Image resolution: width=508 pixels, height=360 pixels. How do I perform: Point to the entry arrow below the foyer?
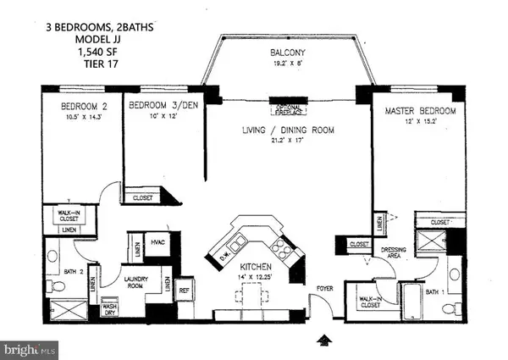point(323,341)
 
